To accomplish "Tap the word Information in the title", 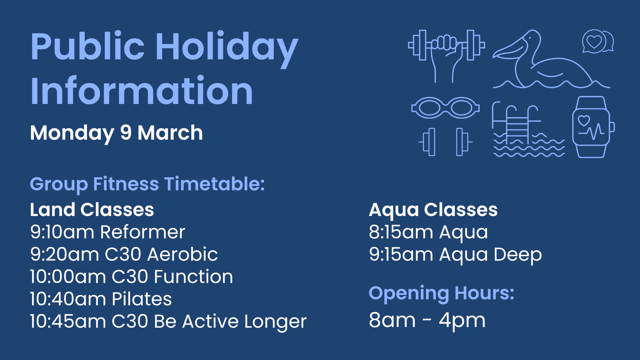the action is pyautogui.click(x=142, y=91).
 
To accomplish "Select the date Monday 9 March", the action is pyautogui.click(x=116, y=133).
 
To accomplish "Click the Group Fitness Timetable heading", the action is pyautogui.click(x=147, y=184).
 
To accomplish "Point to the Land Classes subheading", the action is pyautogui.click(x=92, y=210).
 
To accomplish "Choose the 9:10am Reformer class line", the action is pyautogui.click(x=107, y=232).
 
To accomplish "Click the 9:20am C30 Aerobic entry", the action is pyautogui.click(x=124, y=254).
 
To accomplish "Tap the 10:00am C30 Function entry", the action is pyautogui.click(x=132, y=277).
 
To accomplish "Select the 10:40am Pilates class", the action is pyautogui.click(x=101, y=299).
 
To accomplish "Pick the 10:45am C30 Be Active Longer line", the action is pyautogui.click(x=168, y=322).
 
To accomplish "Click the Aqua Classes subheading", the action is pyautogui.click(x=433, y=210).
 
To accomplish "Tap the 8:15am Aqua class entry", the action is pyautogui.click(x=428, y=232).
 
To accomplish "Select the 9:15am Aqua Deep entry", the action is pyautogui.click(x=455, y=255).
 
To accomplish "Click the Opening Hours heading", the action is pyautogui.click(x=442, y=294).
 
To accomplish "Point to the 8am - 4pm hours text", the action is pyautogui.click(x=427, y=321).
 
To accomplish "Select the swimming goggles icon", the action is pyautogui.click(x=445, y=108).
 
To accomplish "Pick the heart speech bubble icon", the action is pyautogui.click(x=598, y=41).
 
